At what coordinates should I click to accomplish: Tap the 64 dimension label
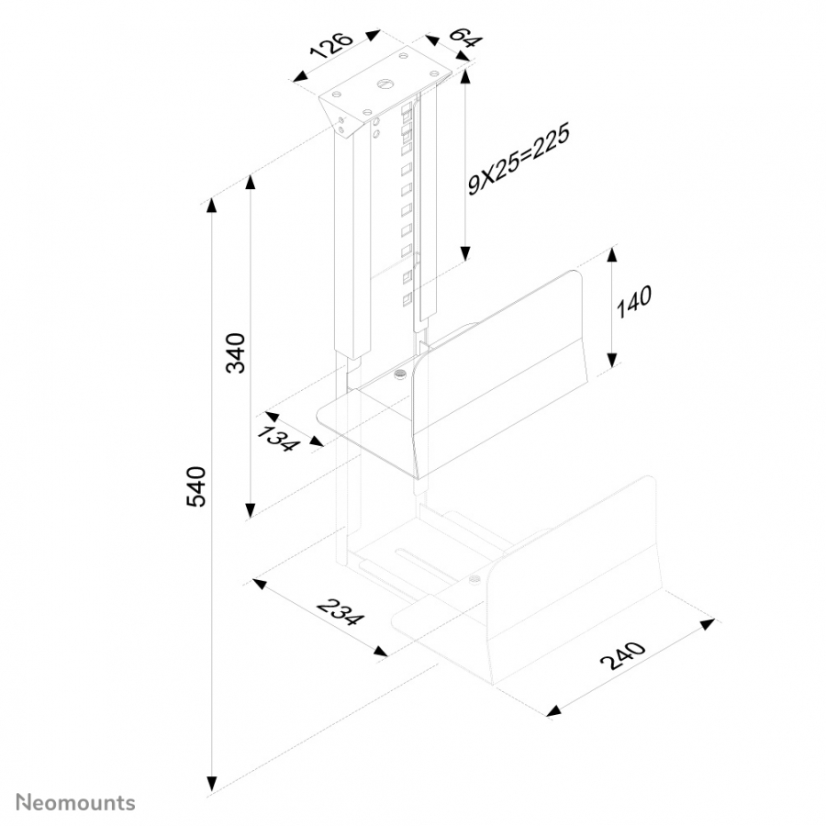(x=465, y=37)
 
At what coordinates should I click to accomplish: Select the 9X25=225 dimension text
(x=519, y=160)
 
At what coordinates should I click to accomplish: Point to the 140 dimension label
(x=633, y=301)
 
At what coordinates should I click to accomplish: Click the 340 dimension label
(x=236, y=353)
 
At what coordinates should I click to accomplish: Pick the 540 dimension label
(x=196, y=486)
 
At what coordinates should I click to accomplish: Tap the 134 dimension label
(x=277, y=440)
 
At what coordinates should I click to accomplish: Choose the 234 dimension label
(x=340, y=611)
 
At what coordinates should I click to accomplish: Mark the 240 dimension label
(x=623, y=654)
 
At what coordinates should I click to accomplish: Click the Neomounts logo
(x=76, y=803)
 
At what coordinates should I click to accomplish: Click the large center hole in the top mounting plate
(x=384, y=84)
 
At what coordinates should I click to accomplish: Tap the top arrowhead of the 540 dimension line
(x=212, y=205)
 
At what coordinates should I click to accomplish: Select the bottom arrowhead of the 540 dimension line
(x=212, y=784)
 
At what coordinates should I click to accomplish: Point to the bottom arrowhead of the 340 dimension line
(x=251, y=510)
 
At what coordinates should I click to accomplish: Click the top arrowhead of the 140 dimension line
(x=611, y=255)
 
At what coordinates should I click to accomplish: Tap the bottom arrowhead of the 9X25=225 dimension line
(x=464, y=253)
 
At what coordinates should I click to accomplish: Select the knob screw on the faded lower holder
(x=474, y=580)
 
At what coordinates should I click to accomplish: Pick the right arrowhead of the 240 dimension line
(x=707, y=623)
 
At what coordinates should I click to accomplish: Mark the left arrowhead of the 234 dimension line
(x=259, y=583)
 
